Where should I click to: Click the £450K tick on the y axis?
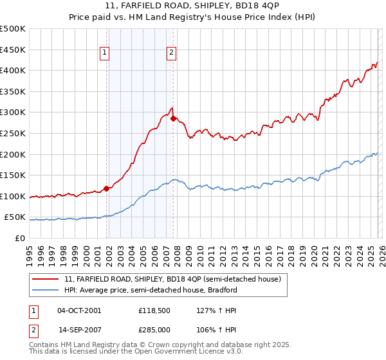[x=13, y=50]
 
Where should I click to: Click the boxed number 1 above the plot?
[x=104, y=54]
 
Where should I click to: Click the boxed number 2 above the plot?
[x=172, y=54]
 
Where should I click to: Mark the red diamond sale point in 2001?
[x=106, y=188]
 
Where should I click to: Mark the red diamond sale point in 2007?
[x=174, y=118]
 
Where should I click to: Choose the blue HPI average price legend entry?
[x=151, y=290]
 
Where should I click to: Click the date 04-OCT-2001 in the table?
[x=79, y=310]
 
